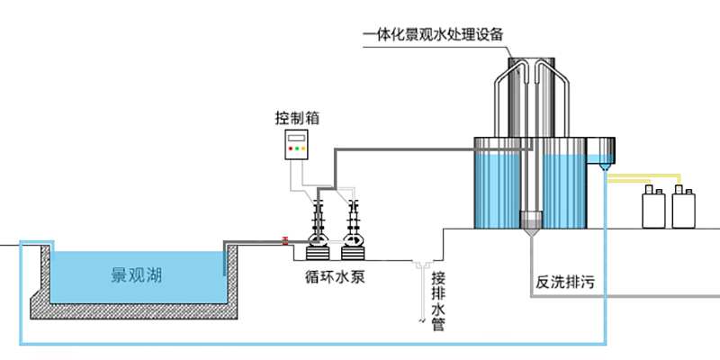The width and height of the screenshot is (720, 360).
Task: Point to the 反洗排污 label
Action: [x=566, y=283]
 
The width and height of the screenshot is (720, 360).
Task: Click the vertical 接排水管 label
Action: [x=438, y=300]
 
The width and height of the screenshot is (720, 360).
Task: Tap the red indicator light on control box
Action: [x=290, y=148]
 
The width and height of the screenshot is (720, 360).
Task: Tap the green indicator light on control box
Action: [x=296, y=148]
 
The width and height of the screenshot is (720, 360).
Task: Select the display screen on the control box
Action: [x=296, y=138]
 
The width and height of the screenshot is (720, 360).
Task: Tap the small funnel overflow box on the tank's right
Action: [x=600, y=154]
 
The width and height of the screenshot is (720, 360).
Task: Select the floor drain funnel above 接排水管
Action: [x=421, y=264]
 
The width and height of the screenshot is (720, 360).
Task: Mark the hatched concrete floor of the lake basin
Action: [x=135, y=310]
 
